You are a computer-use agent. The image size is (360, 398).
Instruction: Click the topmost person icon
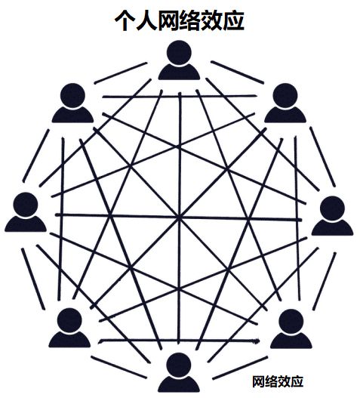coord(179,60)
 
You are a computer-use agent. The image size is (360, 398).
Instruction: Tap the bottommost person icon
coord(179,372)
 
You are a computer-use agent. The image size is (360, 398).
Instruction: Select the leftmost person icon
coord(26,212)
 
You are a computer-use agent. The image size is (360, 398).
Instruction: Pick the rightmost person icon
coord(332,216)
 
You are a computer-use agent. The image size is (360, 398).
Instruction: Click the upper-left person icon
coord(72,103)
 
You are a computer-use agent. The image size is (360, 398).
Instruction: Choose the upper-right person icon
coord(285,103)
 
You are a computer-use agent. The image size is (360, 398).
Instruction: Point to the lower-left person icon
coord(69,328)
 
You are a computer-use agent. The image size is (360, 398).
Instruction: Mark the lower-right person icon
coord(291,329)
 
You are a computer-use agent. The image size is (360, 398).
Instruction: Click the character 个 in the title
coord(125,20)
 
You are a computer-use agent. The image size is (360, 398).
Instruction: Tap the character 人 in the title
coord(146,20)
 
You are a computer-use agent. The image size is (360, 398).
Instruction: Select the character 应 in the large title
coord(234,20)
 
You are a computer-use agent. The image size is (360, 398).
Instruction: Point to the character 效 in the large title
coord(212,20)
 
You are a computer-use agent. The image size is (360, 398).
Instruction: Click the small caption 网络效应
coord(278,381)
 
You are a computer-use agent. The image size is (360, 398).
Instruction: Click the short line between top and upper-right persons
coord(238,72)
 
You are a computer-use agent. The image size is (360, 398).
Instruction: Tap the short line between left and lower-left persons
coord(33,279)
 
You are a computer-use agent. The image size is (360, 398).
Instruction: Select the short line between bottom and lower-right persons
coord(240,368)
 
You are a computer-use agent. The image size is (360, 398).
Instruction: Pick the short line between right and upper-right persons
coord(322,157)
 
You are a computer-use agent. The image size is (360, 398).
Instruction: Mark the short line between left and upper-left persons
coord(36,156)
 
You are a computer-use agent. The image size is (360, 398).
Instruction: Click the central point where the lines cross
coord(180,218)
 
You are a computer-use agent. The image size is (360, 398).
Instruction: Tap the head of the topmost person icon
coord(179,53)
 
